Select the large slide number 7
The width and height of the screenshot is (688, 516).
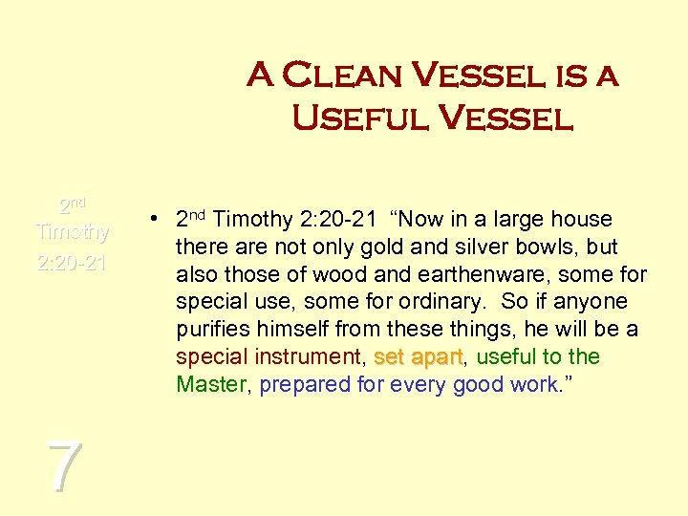[63, 467]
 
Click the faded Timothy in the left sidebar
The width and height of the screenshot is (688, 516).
[73, 232]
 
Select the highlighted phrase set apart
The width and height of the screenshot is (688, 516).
[419, 357]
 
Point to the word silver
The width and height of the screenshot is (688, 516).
[451, 247]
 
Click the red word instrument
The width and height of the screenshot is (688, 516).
[308, 357]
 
